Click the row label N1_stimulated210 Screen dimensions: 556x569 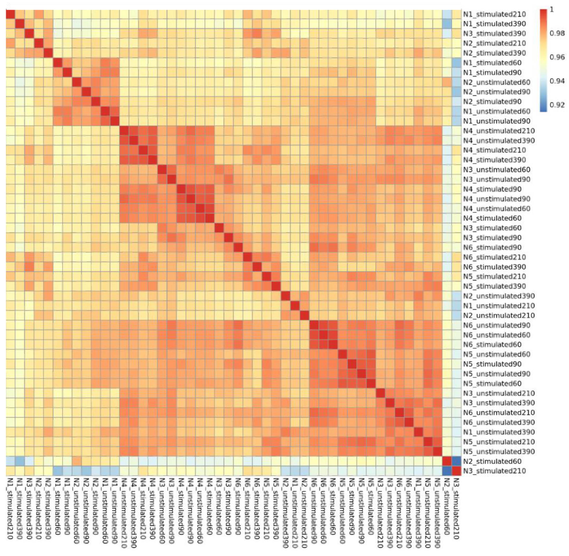click(x=494, y=14)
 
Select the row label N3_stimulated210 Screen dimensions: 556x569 click(x=494, y=471)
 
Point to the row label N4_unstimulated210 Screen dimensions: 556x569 click(x=499, y=131)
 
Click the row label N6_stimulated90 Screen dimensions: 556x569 click(x=492, y=247)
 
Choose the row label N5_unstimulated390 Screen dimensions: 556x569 click(x=499, y=452)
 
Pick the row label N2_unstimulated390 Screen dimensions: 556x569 click(x=499, y=296)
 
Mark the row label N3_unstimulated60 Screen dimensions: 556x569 click(x=497, y=170)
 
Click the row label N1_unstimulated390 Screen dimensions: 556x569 click(x=499, y=432)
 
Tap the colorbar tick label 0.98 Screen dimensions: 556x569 click(x=557, y=33)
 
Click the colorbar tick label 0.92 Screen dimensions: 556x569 click(x=557, y=105)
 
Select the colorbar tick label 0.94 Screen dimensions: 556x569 click(x=557, y=81)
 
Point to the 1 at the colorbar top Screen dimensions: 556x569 click(x=552, y=10)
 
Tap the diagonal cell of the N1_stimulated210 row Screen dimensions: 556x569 click(x=11, y=14)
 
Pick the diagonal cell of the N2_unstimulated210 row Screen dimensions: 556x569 click(x=305, y=315)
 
